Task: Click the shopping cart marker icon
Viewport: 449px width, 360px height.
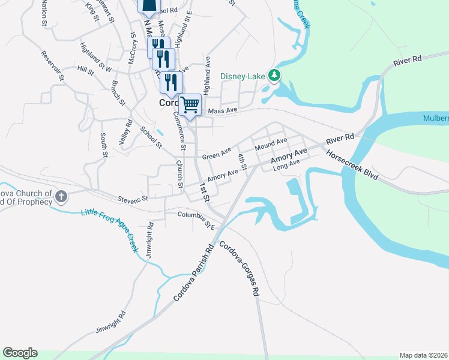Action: [x=190, y=105]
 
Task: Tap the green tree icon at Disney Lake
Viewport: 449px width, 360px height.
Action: [x=275, y=75]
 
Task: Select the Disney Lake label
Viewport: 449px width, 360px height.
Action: [x=244, y=76]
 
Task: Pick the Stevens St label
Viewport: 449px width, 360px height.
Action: [x=133, y=199]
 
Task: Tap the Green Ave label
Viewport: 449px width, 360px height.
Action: [x=217, y=154]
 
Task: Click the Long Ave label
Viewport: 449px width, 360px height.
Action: [x=286, y=166]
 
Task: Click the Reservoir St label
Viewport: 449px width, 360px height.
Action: [x=52, y=65]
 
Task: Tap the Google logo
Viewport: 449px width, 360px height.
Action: [x=20, y=353]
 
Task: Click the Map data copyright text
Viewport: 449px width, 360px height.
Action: [x=423, y=355]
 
